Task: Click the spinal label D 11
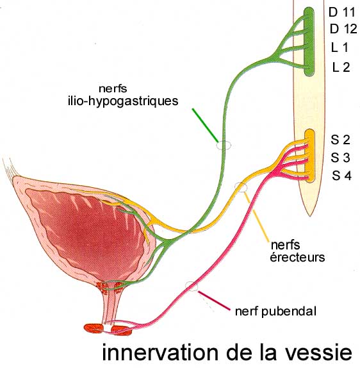tap(342, 12)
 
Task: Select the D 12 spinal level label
tap(343, 29)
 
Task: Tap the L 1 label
tap(340, 47)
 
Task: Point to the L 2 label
tap(341, 67)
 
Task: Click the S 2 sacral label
tap(341, 140)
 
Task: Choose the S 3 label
tap(341, 158)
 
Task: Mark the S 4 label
tap(341, 176)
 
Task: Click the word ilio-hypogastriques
tap(123, 101)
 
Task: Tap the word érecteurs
tap(297, 257)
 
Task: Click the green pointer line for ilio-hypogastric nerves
tap(206, 125)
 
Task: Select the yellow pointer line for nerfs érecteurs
tap(257, 217)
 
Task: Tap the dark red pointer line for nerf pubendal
tap(214, 301)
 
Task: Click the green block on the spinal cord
tap(309, 42)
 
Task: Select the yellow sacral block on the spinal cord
tap(309, 156)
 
